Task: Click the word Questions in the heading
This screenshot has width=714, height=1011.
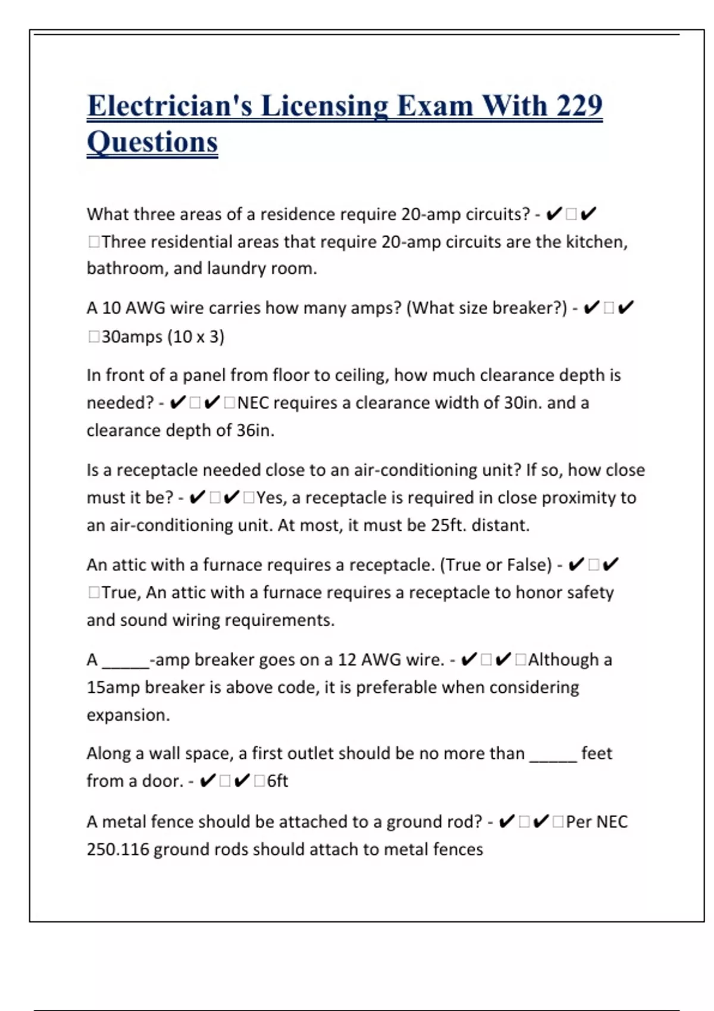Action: coord(152,143)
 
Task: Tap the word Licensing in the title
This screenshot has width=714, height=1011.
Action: coord(324,106)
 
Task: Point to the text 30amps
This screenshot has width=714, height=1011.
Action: coord(132,337)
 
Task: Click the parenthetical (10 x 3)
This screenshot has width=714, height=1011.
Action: coord(196,337)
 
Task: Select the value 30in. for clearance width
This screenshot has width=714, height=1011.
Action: coord(523,403)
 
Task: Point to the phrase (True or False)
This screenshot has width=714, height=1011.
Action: coord(496,565)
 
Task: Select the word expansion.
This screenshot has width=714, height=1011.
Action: coord(128,715)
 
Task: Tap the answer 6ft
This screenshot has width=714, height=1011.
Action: coord(277,781)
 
